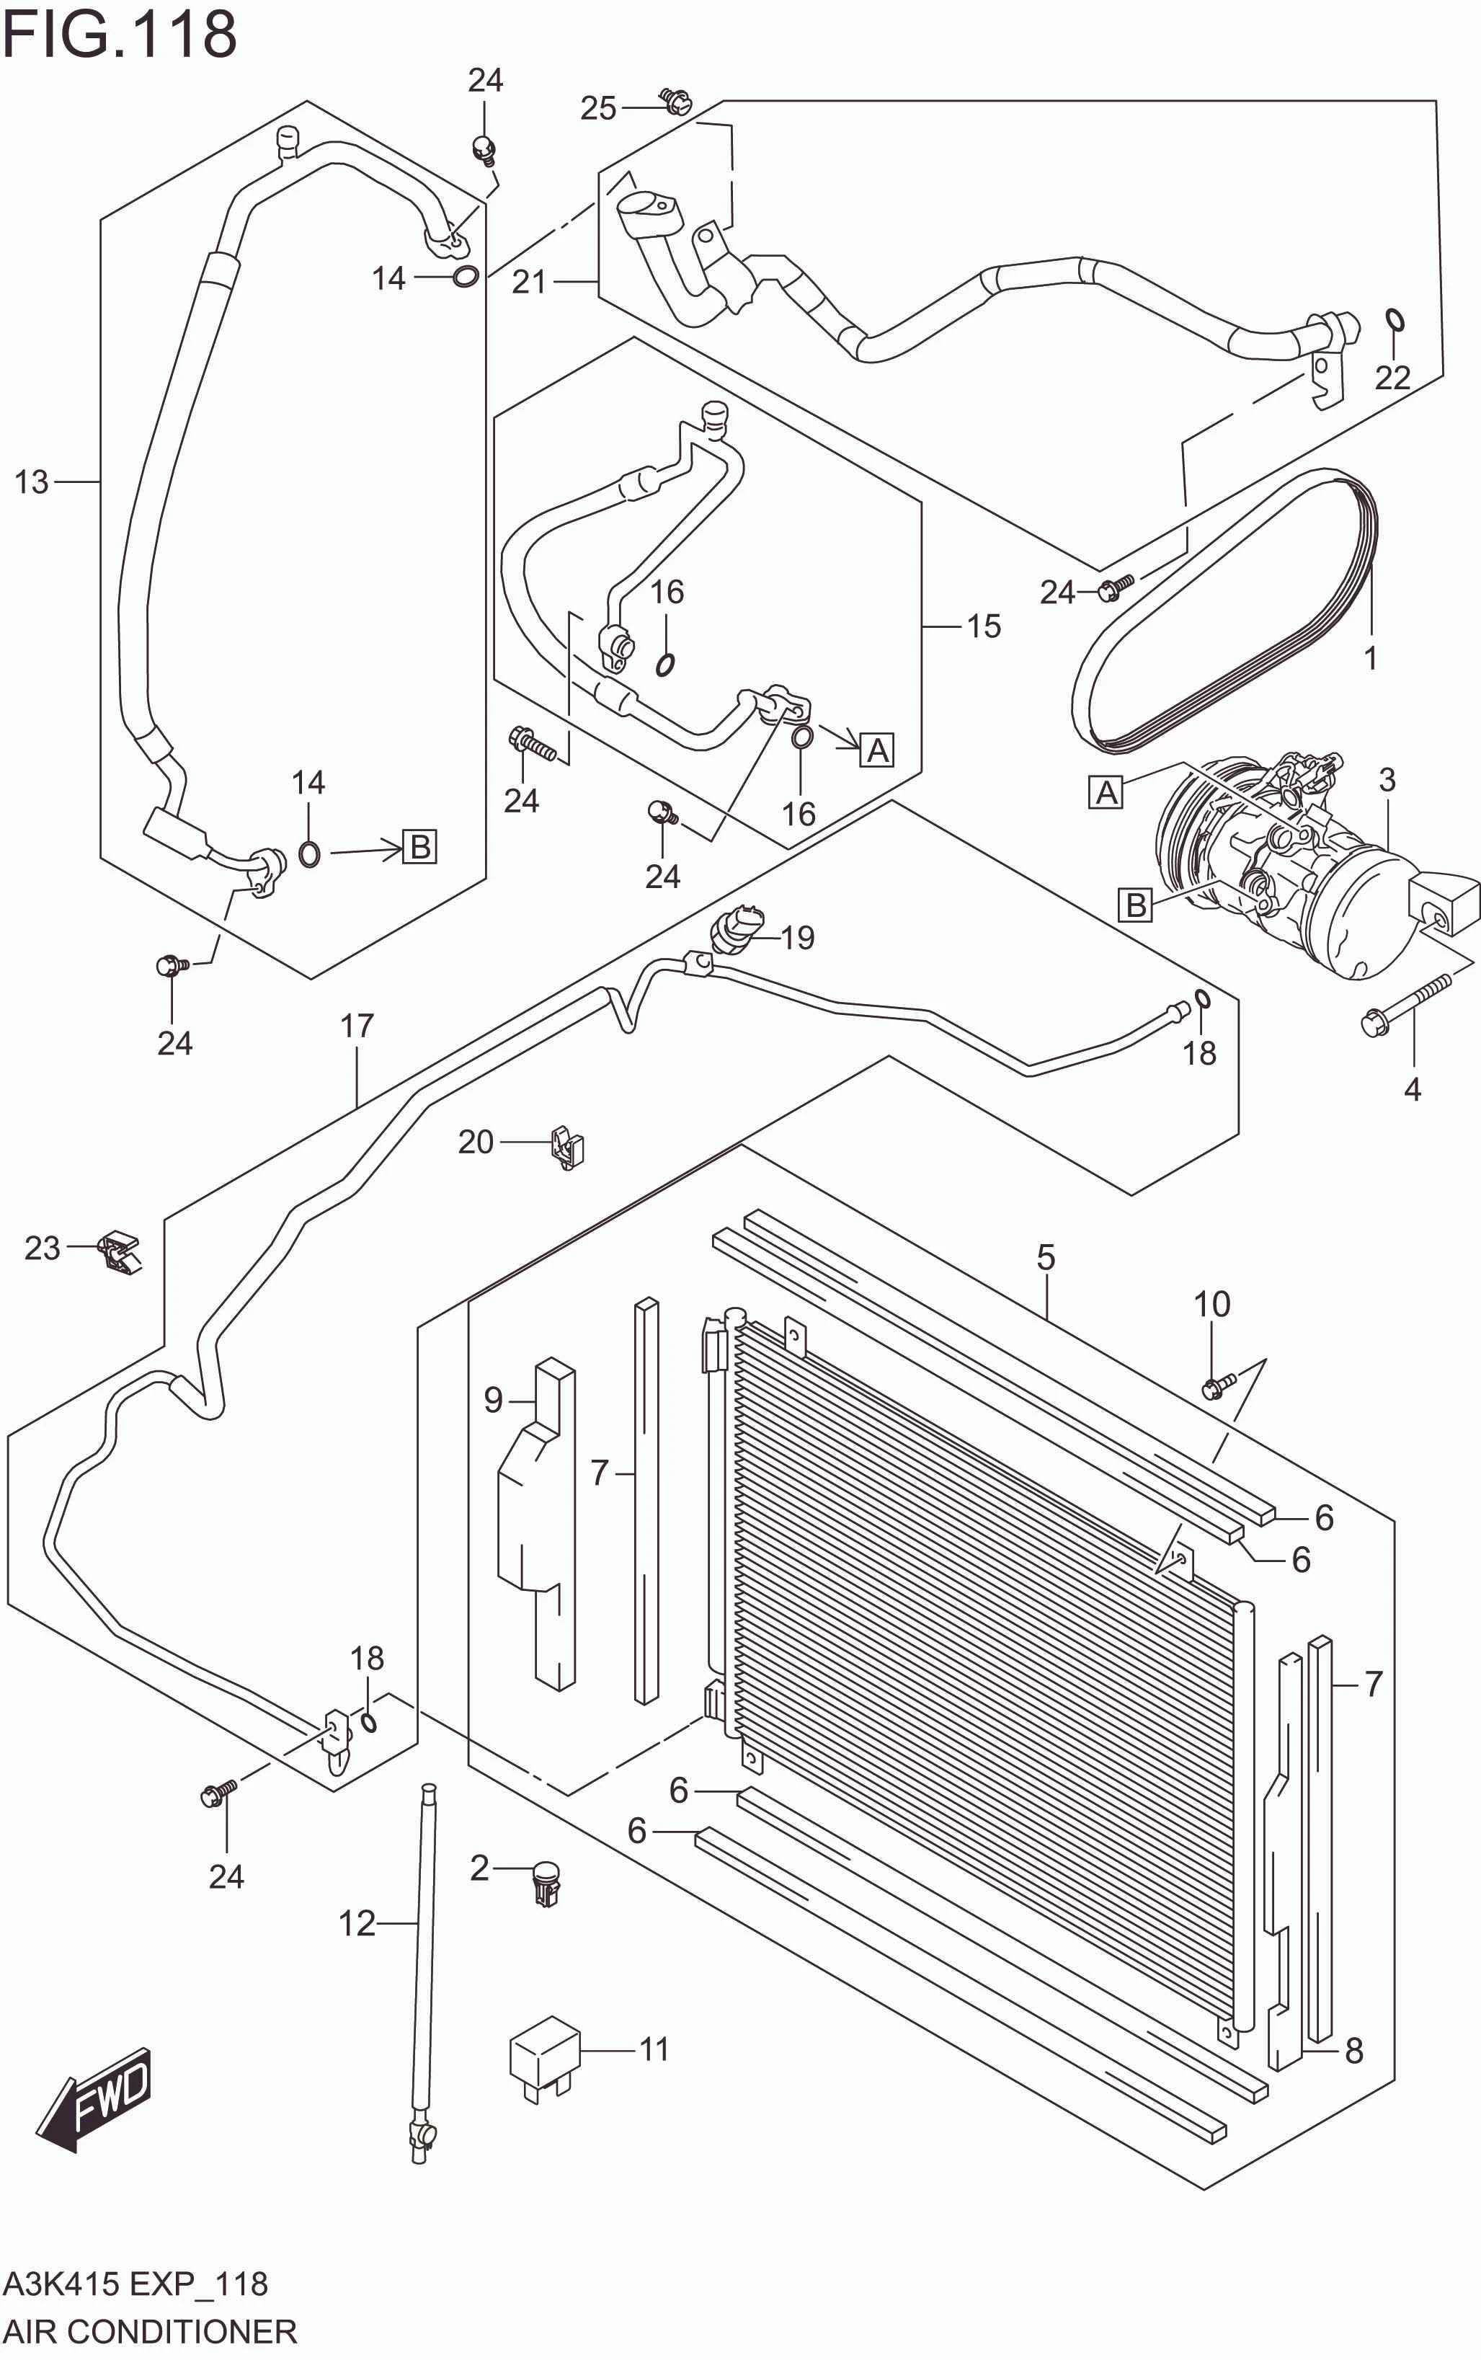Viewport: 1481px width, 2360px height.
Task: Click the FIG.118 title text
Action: [x=120, y=35]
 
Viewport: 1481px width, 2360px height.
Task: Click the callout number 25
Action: [x=597, y=107]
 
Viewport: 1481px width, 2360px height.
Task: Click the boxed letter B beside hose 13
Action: [x=419, y=846]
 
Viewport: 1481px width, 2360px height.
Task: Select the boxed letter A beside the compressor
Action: [x=1106, y=791]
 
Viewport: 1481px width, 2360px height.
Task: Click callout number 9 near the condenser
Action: [x=493, y=1399]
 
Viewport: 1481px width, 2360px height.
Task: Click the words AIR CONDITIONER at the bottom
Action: [x=149, y=2330]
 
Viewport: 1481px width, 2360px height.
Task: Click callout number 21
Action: [x=529, y=281]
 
